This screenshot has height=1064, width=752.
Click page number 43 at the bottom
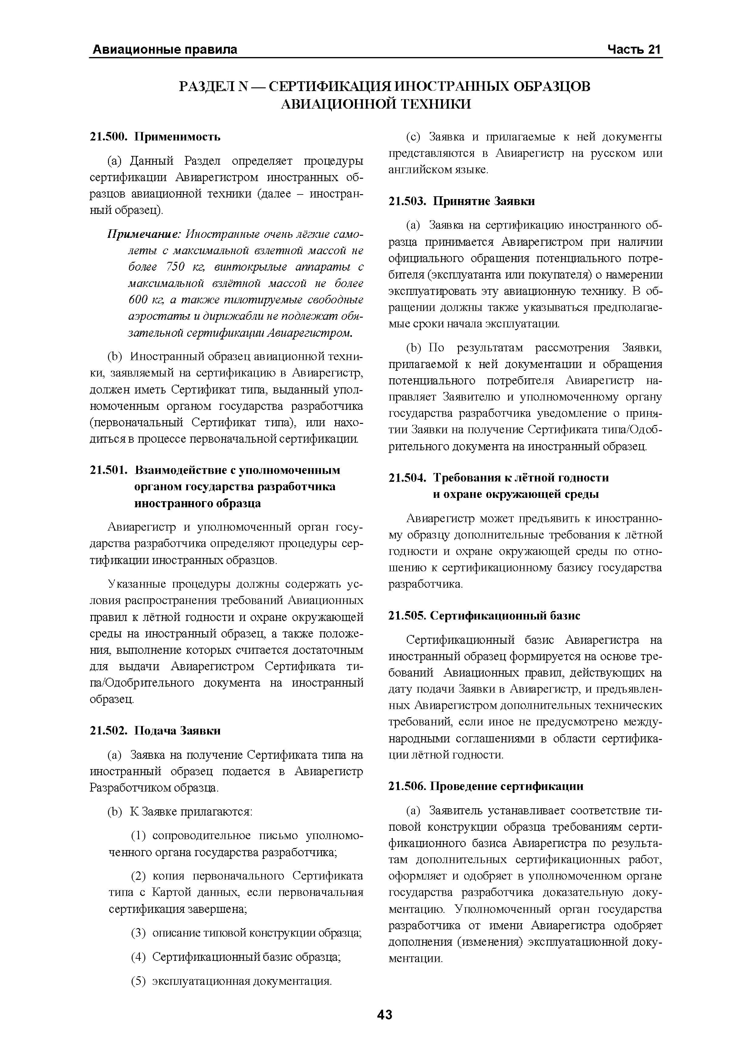(385, 1015)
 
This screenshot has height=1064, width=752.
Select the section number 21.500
(108, 137)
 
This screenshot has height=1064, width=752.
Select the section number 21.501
(108, 470)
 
